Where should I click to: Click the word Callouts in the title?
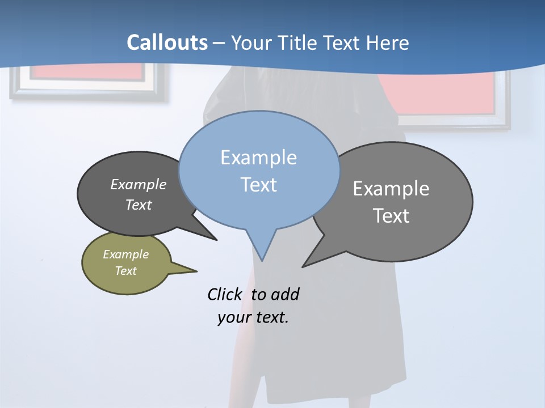pyautogui.click(x=167, y=42)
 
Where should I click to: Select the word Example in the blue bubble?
pyautogui.click(x=258, y=158)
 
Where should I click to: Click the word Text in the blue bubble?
pyautogui.click(x=258, y=185)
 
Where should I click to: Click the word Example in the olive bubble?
pyautogui.click(x=125, y=254)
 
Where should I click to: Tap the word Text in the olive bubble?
pyautogui.click(x=125, y=271)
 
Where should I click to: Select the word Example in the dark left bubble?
pyautogui.click(x=138, y=184)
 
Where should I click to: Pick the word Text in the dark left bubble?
pyautogui.click(x=138, y=205)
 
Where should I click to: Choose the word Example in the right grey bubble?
pyautogui.click(x=391, y=188)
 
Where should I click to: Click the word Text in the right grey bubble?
pyautogui.click(x=391, y=216)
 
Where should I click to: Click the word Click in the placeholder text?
pyautogui.click(x=225, y=294)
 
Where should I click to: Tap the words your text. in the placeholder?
pyautogui.click(x=253, y=317)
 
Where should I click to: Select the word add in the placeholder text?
pyautogui.click(x=285, y=294)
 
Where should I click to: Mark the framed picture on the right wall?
pyautogui.click(x=448, y=99)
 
